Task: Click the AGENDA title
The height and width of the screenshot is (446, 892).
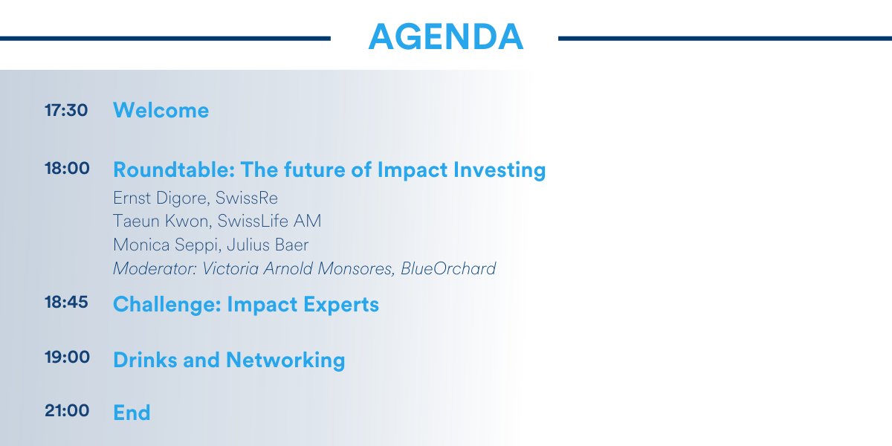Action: pos(445,36)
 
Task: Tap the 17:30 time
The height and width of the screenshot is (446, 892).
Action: pos(66,110)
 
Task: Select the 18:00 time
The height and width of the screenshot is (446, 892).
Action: pos(67,168)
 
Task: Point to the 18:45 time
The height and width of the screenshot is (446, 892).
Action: pos(66,303)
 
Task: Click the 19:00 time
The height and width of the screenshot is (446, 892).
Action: pos(67,358)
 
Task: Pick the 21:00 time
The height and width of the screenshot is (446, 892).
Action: pos(67,410)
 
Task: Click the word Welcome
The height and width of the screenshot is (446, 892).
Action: pos(161,110)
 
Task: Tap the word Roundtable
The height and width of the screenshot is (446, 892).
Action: pos(172,169)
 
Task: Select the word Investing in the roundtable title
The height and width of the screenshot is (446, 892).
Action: pos(500,170)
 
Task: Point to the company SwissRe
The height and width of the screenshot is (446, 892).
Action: pos(247,198)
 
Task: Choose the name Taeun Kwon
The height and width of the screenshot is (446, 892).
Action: pos(161,221)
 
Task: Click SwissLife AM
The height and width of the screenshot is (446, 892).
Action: pos(269,221)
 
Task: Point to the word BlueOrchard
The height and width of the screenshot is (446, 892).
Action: pos(448,269)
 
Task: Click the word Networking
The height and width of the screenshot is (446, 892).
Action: pos(285,361)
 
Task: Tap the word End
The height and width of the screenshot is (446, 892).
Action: pos(132,413)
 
